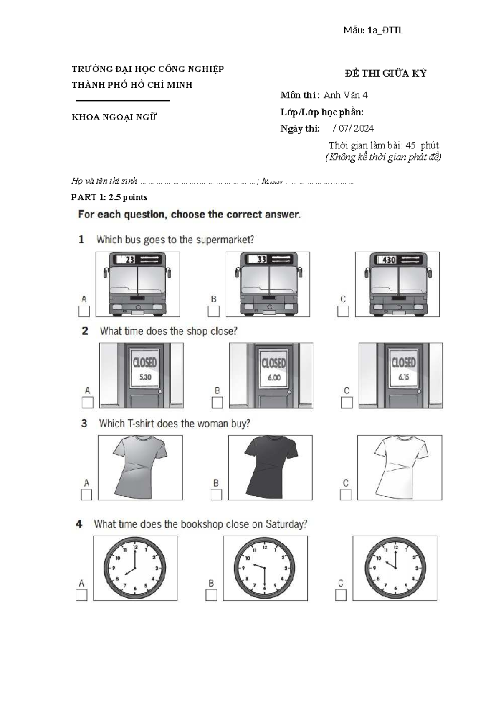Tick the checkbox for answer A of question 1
click(84, 311)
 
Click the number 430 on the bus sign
click(389, 260)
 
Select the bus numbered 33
click(268, 284)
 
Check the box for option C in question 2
click(347, 403)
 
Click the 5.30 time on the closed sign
click(145, 377)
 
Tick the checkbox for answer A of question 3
click(86, 495)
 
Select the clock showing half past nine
click(265, 568)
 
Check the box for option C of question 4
click(341, 595)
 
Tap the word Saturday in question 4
click(286, 524)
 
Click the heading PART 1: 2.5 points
click(109, 197)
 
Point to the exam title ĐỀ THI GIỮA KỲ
click(385, 73)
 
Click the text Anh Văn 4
click(345, 95)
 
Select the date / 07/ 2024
click(353, 128)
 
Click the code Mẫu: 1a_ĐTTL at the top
click(373, 30)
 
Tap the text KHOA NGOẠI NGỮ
click(114, 117)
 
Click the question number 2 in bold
click(85, 331)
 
